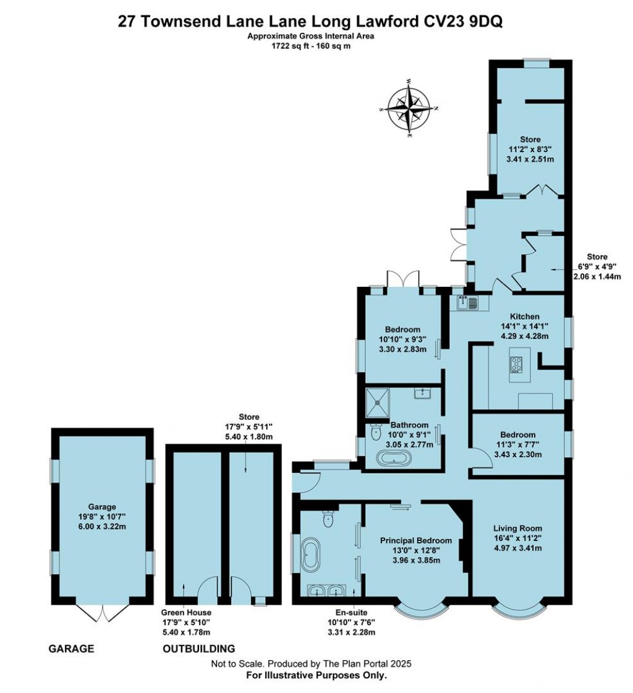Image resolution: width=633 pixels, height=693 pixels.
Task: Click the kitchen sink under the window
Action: [467, 303]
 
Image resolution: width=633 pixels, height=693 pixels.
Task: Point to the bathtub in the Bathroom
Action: [394, 459]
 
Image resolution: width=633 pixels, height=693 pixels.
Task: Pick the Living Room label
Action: [517, 528]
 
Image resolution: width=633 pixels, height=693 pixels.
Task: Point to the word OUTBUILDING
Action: [198, 648]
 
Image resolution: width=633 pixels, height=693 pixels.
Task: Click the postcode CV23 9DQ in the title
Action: [463, 22]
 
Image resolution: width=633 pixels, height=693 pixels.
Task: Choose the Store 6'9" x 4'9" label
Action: [597, 257]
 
